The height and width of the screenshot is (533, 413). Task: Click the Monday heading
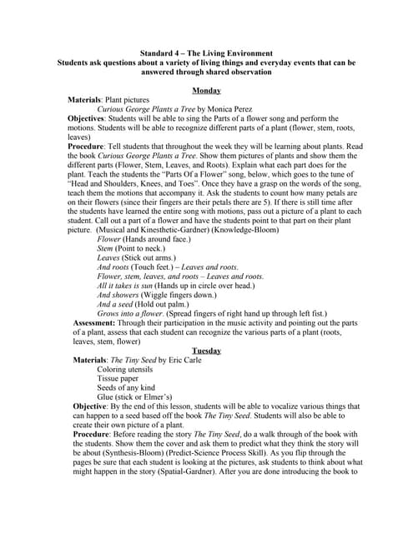(x=206, y=90)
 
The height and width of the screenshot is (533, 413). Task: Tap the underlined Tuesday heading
(x=206, y=351)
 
